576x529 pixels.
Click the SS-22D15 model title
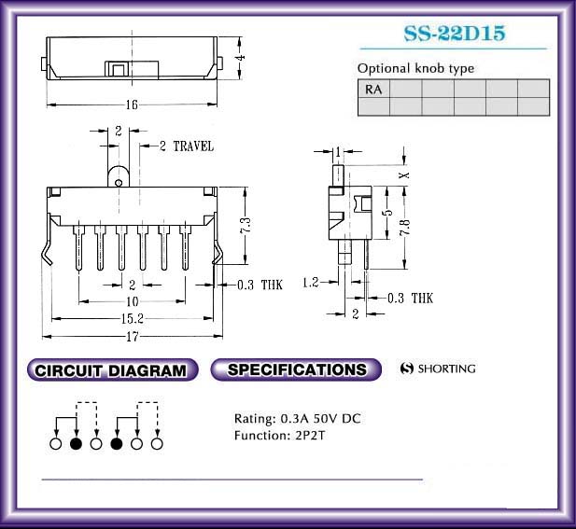pyautogui.click(x=455, y=33)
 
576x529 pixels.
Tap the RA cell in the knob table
pyautogui.click(x=373, y=90)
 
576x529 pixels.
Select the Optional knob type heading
pyautogui.click(x=415, y=69)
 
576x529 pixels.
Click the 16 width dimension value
pyautogui.click(x=132, y=105)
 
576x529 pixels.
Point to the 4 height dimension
pyautogui.click(x=241, y=58)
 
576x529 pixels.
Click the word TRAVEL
pyautogui.click(x=193, y=146)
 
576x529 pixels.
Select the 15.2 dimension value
pyautogui.click(x=133, y=319)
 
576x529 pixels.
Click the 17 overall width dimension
pyautogui.click(x=133, y=336)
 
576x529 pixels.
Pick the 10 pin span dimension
pyautogui.click(x=133, y=301)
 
